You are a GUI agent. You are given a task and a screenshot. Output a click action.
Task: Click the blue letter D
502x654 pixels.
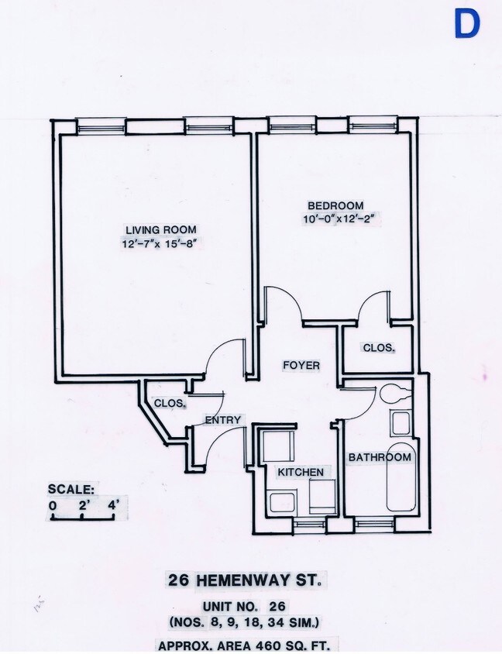(x=467, y=24)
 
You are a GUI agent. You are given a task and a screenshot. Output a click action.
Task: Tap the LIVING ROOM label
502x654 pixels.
(x=161, y=229)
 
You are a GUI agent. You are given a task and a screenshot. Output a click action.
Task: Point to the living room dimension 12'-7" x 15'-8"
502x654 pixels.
(x=161, y=243)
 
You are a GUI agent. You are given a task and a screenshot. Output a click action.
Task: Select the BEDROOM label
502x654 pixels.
(x=335, y=205)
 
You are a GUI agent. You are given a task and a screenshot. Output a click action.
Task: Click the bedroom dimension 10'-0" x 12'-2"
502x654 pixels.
(x=345, y=219)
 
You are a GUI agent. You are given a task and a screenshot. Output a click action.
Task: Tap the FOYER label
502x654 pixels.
(x=301, y=365)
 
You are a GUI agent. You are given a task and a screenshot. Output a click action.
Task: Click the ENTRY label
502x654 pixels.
(x=224, y=420)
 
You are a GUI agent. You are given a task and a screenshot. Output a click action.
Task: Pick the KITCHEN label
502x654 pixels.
(x=301, y=472)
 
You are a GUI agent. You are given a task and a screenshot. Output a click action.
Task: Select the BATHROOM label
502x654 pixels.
(x=379, y=457)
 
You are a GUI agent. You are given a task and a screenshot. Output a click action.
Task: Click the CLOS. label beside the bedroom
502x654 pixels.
(x=379, y=348)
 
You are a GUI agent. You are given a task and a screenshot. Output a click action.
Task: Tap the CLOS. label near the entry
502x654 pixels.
(x=169, y=404)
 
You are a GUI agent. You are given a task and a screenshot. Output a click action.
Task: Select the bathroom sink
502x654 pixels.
(x=401, y=424)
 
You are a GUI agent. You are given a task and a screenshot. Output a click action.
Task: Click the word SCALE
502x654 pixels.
(x=71, y=489)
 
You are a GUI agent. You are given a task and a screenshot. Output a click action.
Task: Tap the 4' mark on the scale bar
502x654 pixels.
(x=112, y=506)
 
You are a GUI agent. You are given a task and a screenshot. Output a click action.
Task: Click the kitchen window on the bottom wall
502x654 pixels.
(x=310, y=525)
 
